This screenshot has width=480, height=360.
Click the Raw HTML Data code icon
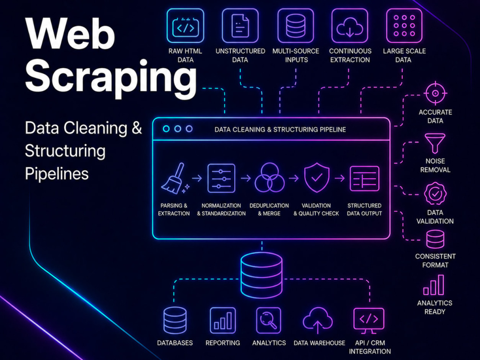(x=185, y=26)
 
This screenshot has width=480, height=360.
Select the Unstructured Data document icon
(x=240, y=26)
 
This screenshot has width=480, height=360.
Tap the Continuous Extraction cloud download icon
(x=349, y=26)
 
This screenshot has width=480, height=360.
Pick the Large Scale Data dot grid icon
(x=404, y=26)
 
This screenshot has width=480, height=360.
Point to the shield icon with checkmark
(x=317, y=178)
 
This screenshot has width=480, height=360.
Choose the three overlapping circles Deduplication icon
(x=269, y=178)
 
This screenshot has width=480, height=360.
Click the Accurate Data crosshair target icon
(x=435, y=93)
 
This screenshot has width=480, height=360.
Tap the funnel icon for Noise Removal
(x=435, y=143)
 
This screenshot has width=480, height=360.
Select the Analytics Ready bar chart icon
(x=433, y=285)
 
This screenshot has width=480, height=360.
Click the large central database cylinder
(x=262, y=275)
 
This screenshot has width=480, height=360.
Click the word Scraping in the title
(x=111, y=76)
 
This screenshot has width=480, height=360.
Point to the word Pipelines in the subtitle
(x=57, y=174)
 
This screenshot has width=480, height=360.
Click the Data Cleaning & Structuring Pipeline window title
(x=280, y=130)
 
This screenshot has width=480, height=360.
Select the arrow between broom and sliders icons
(x=197, y=178)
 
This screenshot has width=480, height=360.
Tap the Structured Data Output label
(x=364, y=209)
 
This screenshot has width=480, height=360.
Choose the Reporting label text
(x=223, y=343)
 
